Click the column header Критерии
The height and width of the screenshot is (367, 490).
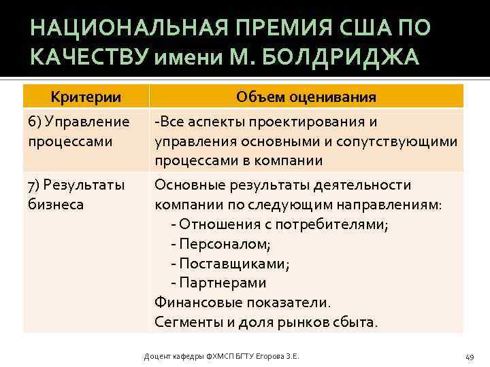86,97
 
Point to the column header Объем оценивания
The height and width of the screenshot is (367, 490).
306,97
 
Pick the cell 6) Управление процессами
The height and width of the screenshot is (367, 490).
79,132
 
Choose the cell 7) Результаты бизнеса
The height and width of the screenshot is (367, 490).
76,194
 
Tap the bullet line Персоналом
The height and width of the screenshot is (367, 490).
220,243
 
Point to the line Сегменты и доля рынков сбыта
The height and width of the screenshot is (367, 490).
265,321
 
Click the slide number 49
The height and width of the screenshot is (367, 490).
469,357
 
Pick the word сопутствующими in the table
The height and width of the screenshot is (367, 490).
406,141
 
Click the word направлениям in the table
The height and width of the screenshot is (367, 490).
385,205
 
